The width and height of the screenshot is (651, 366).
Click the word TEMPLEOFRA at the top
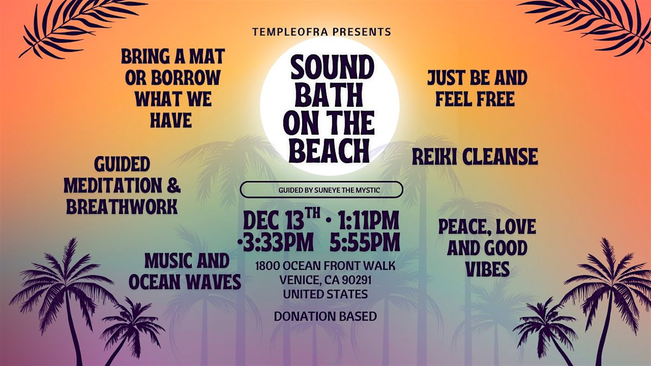coord(290,31)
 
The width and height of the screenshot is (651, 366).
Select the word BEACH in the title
coord(329,151)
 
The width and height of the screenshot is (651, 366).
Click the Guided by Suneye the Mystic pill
coord(321,190)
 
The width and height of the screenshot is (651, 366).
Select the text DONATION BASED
coord(325,317)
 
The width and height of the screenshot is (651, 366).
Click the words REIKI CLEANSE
coord(475,157)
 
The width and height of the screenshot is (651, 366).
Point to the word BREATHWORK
coord(122,207)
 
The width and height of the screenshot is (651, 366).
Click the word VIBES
coord(488,269)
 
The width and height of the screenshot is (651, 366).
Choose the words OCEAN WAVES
coord(185,281)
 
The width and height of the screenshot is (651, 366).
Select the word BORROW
coord(186,78)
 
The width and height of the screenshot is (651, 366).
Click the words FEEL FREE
coord(475,99)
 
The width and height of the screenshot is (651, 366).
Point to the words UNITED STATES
coord(325,294)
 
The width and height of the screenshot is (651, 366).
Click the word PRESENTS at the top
coord(362,31)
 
